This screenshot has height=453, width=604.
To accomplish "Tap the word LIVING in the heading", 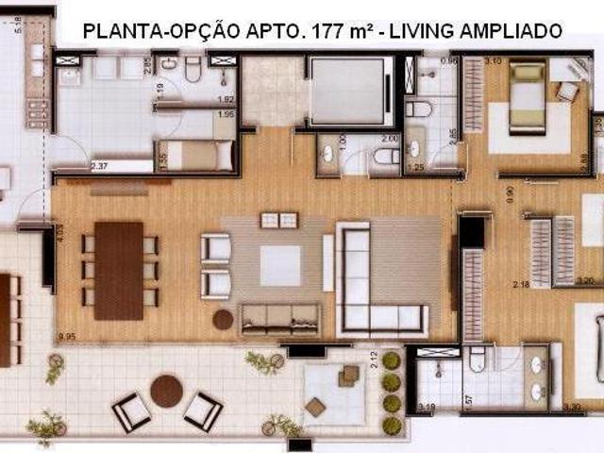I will [426, 30].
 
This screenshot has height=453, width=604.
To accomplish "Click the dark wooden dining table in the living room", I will [119, 270].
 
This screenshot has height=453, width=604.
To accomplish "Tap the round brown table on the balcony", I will [167, 390].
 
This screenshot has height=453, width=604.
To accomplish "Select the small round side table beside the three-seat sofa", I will [223, 320].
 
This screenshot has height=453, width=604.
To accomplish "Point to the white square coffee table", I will [280, 265].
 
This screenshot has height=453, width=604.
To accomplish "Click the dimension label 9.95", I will [66, 336].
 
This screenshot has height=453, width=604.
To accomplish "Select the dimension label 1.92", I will [226, 98].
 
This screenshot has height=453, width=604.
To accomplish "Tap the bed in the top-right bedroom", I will [527, 96].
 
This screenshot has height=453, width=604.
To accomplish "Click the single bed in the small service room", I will [197, 155].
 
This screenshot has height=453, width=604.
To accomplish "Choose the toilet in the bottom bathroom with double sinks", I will [477, 358].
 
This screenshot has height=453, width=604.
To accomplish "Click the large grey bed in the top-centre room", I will [347, 91].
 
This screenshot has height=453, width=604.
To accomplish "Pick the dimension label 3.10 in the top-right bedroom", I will [492, 61].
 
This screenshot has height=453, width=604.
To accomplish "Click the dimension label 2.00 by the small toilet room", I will [390, 138].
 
